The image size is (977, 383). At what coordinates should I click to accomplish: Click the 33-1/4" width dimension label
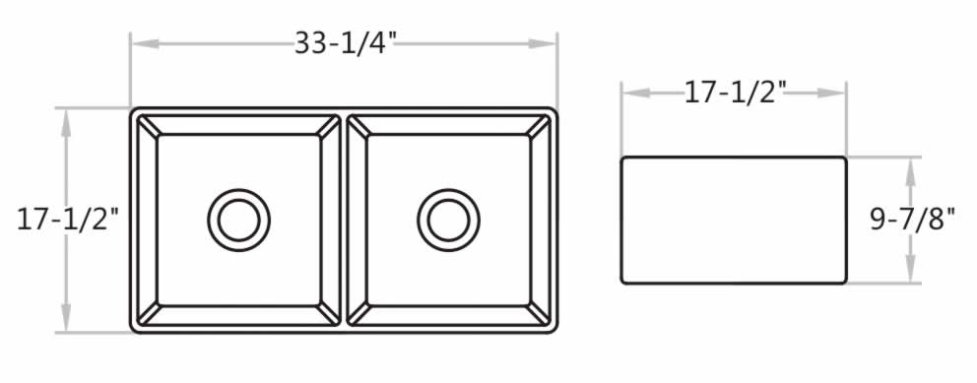click(x=345, y=43)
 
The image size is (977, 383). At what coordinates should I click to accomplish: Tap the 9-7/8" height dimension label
click(x=912, y=220)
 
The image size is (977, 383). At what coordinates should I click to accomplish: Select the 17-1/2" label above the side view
click(x=734, y=93)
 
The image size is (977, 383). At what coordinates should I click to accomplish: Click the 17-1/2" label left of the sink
click(x=67, y=220)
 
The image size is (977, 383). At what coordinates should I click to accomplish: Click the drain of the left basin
click(x=238, y=220)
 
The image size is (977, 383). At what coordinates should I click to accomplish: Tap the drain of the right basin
click(x=449, y=220)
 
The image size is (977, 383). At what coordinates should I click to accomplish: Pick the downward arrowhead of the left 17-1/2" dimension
click(x=66, y=318)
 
